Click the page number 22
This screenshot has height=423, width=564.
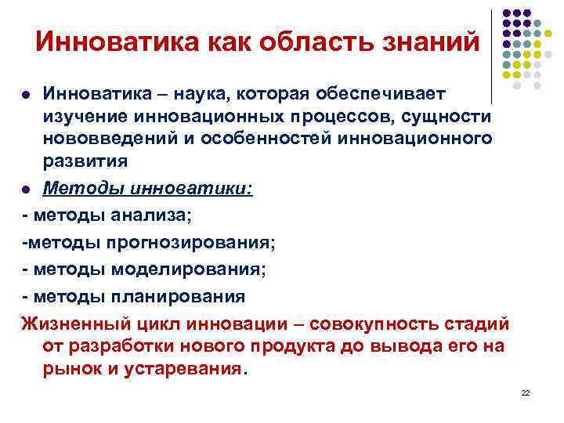tap(526, 392)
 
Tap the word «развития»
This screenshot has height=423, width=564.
tap(85, 162)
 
